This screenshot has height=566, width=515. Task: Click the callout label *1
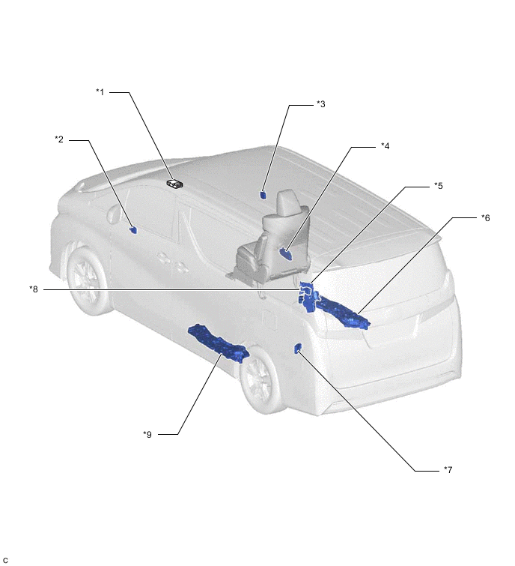100,92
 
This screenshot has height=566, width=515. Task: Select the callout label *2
59,139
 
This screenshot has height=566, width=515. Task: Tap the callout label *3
320,104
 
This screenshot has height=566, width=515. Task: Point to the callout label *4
386,146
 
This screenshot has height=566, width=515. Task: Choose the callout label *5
438,185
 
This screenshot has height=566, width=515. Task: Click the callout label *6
486,217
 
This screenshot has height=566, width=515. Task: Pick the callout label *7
448,469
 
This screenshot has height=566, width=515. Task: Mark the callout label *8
34,289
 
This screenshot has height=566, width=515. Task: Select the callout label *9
147,434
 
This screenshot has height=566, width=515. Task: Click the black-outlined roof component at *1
175,184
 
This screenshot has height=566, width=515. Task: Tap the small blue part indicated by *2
133,229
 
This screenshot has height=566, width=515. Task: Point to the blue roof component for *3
263,195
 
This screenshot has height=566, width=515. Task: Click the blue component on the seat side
286,253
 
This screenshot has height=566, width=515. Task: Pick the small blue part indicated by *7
298,349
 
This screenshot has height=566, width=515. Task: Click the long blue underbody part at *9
219,343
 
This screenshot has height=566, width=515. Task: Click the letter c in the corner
5,560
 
